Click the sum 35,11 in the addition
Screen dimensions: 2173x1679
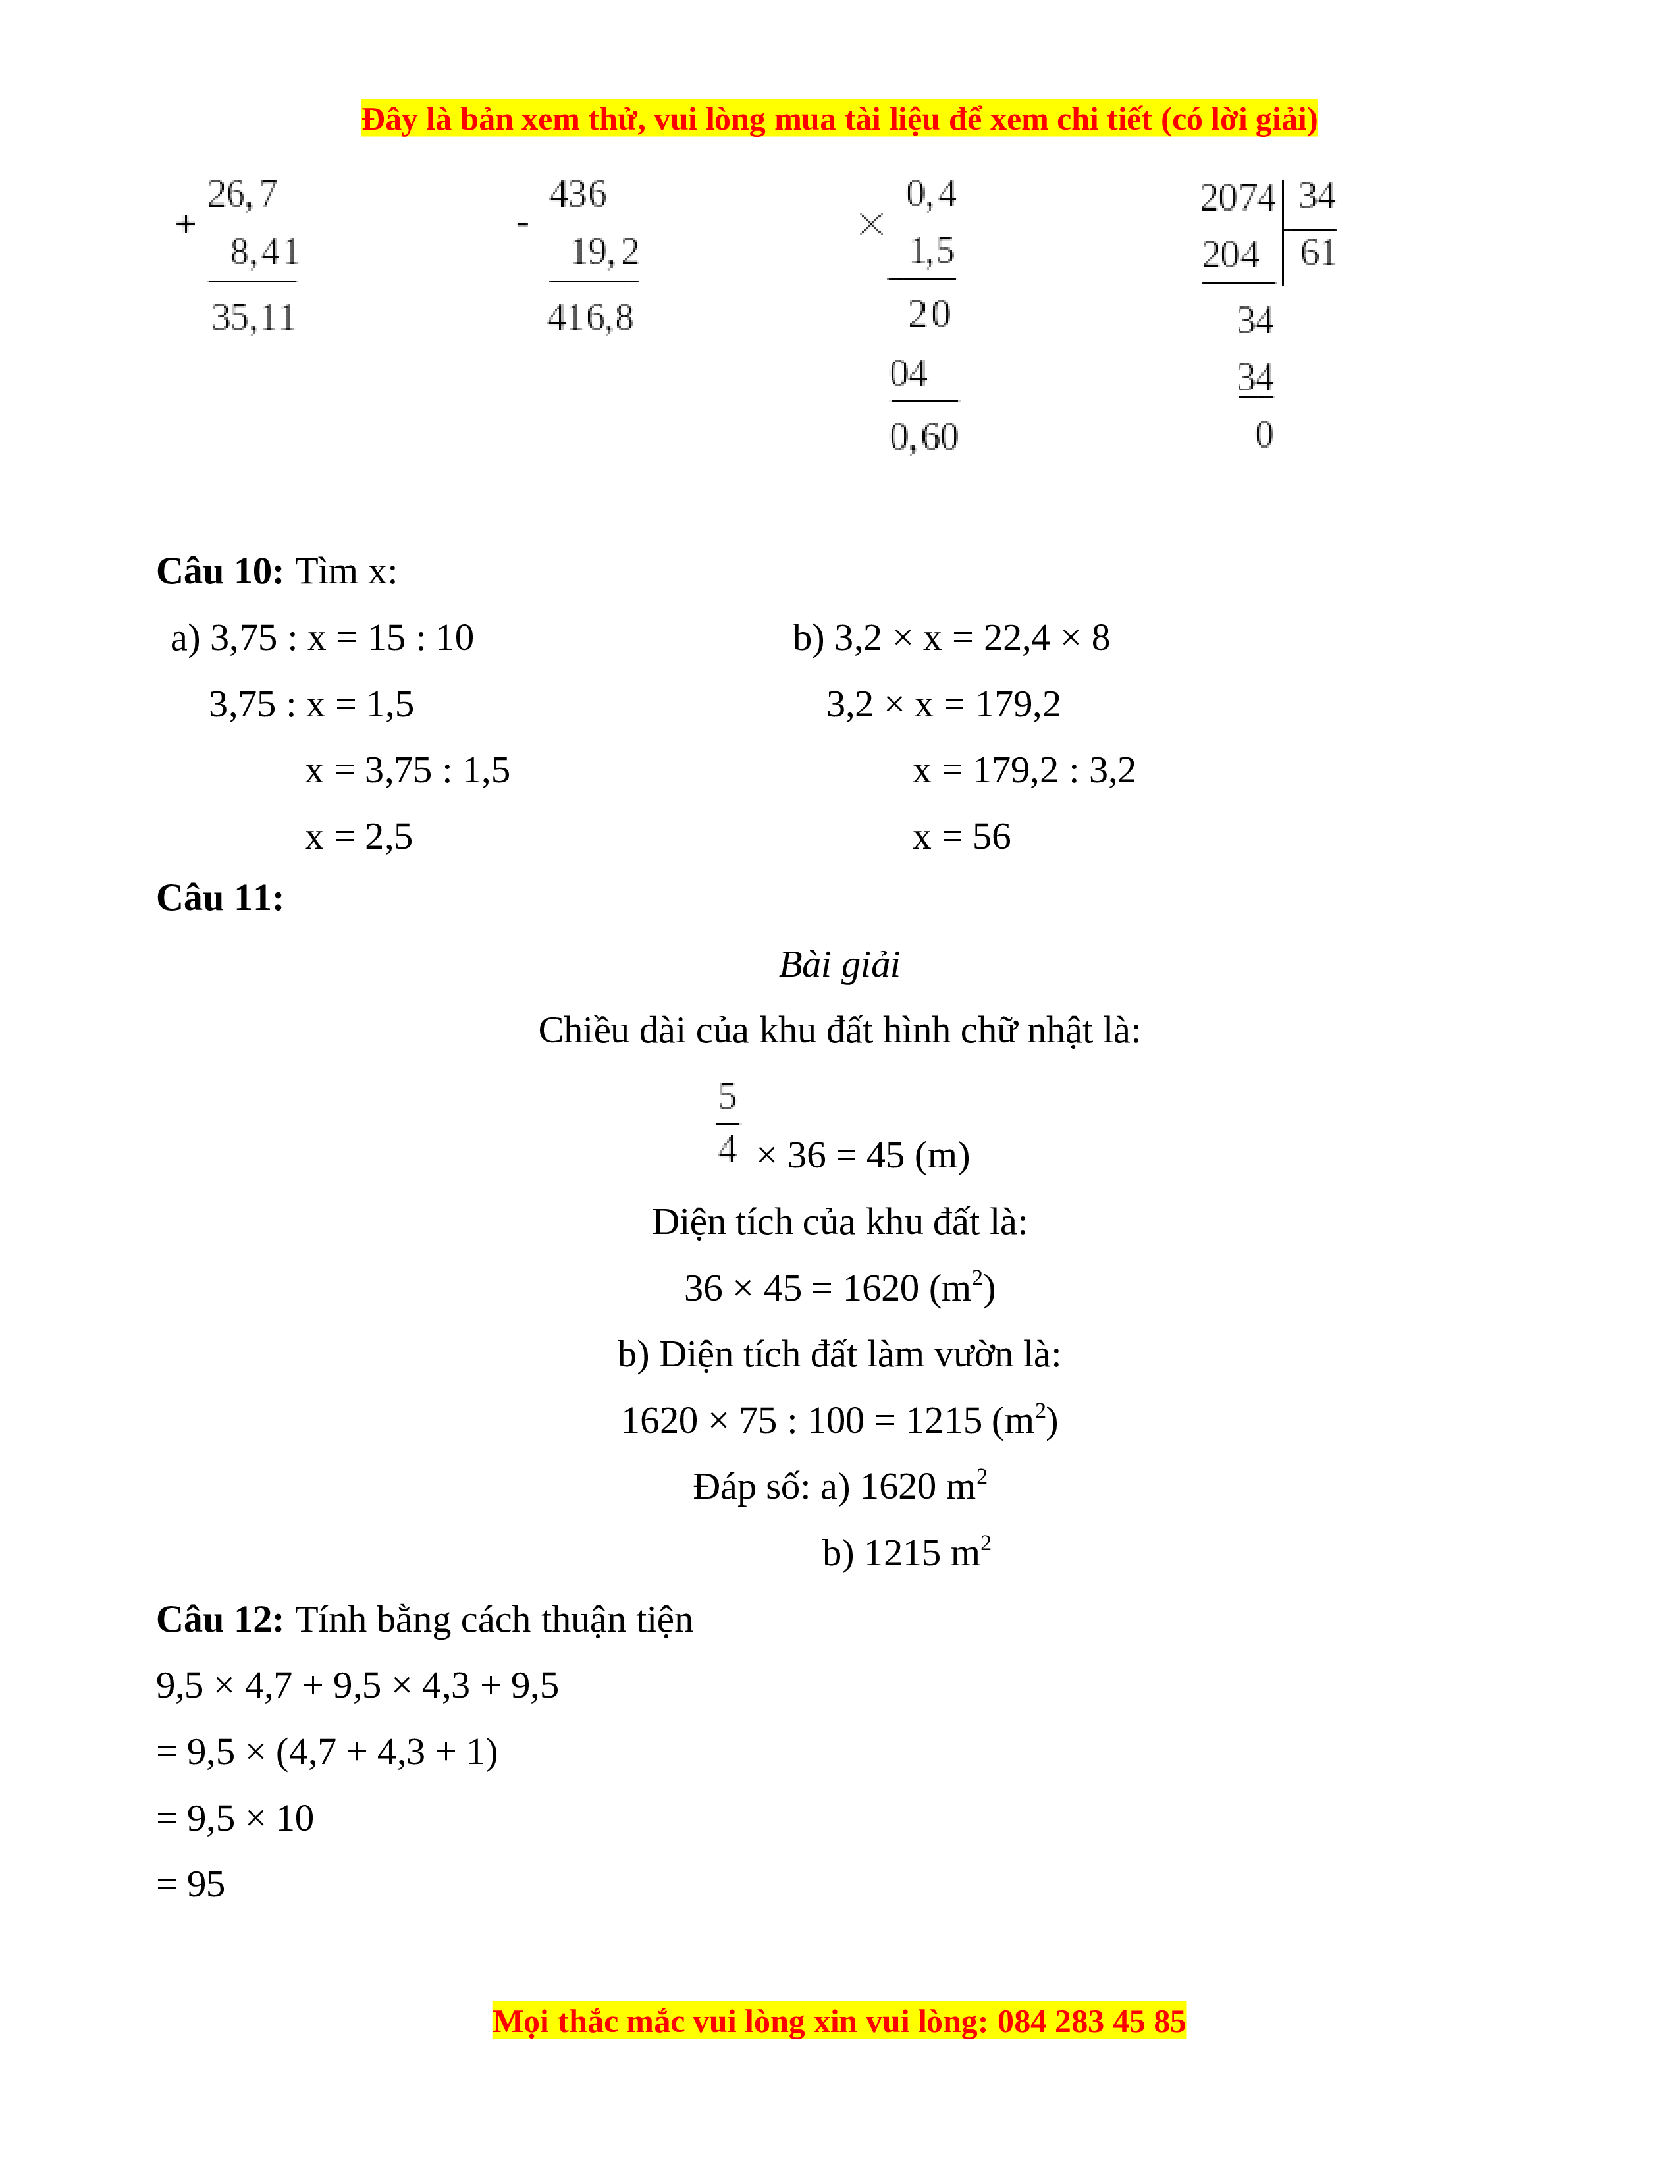coord(253,317)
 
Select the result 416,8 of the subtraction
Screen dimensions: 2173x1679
coord(590,317)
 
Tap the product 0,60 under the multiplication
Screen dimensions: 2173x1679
coord(923,437)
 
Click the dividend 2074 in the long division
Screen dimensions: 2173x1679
coord(1237,197)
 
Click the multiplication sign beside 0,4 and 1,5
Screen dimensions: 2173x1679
coord(870,225)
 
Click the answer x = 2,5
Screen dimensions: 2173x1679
coord(358,837)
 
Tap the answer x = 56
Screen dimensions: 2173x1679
coord(961,837)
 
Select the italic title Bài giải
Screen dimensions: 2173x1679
coord(838,964)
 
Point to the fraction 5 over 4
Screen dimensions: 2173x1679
coord(727,1122)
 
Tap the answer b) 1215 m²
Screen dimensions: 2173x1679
coord(905,1552)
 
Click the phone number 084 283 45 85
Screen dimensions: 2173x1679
coord(1091,2022)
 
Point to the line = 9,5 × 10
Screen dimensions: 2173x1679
coord(235,1819)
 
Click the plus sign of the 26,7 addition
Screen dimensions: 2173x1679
coord(185,225)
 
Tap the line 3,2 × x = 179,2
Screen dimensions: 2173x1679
coord(943,705)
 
